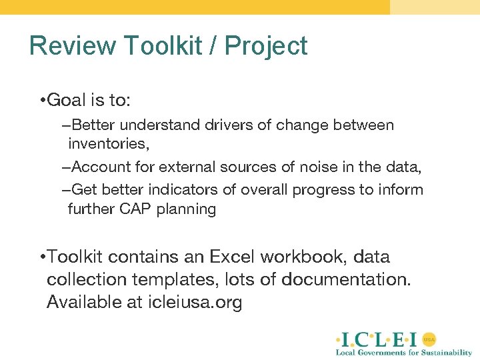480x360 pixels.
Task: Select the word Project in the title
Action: point(266,46)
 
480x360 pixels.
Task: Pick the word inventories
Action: point(107,144)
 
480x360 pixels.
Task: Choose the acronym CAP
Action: point(135,209)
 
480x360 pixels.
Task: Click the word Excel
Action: point(232,257)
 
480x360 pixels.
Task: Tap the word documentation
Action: point(346,280)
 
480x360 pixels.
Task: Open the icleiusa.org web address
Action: point(194,303)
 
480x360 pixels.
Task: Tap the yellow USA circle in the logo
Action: point(429,339)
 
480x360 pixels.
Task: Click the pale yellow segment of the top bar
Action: point(435,7)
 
